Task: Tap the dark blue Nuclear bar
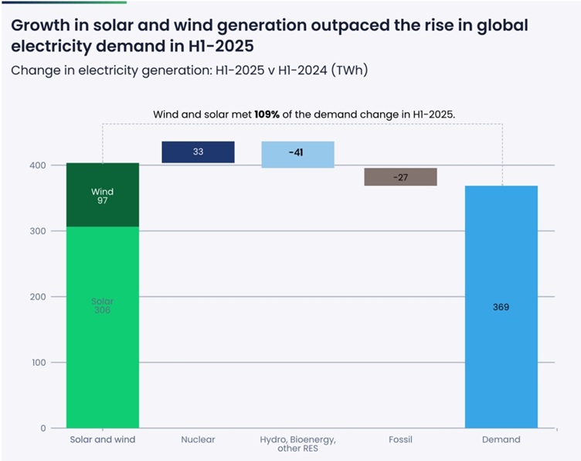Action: tap(198, 152)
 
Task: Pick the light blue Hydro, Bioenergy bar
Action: tap(297, 154)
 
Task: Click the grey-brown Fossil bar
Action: tap(400, 177)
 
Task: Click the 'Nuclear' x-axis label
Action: tap(198, 440)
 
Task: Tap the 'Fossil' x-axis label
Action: tap(400, 440)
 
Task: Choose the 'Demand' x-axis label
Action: tap(501, 440)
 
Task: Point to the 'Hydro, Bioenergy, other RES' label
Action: tap(297, 445)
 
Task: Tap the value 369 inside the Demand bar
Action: tap(501, 307)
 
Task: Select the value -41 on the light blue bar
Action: tap(296, 152)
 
